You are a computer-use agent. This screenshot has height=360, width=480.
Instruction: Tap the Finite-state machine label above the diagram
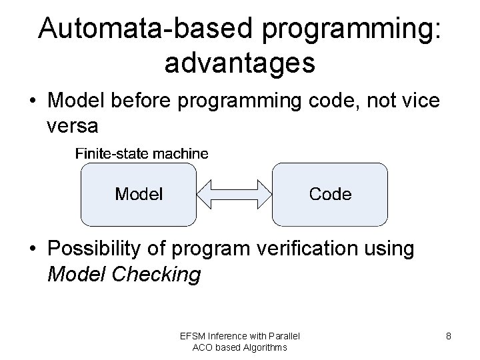point(141,153)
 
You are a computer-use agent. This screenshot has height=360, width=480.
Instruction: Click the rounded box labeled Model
point(139,194)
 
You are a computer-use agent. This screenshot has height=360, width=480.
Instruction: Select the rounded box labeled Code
point(330,194)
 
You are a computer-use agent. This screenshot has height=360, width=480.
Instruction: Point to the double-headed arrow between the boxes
point(235,195)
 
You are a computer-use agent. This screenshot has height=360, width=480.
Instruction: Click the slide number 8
point(449,336)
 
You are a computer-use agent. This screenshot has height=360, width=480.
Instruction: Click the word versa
point(73,125)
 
